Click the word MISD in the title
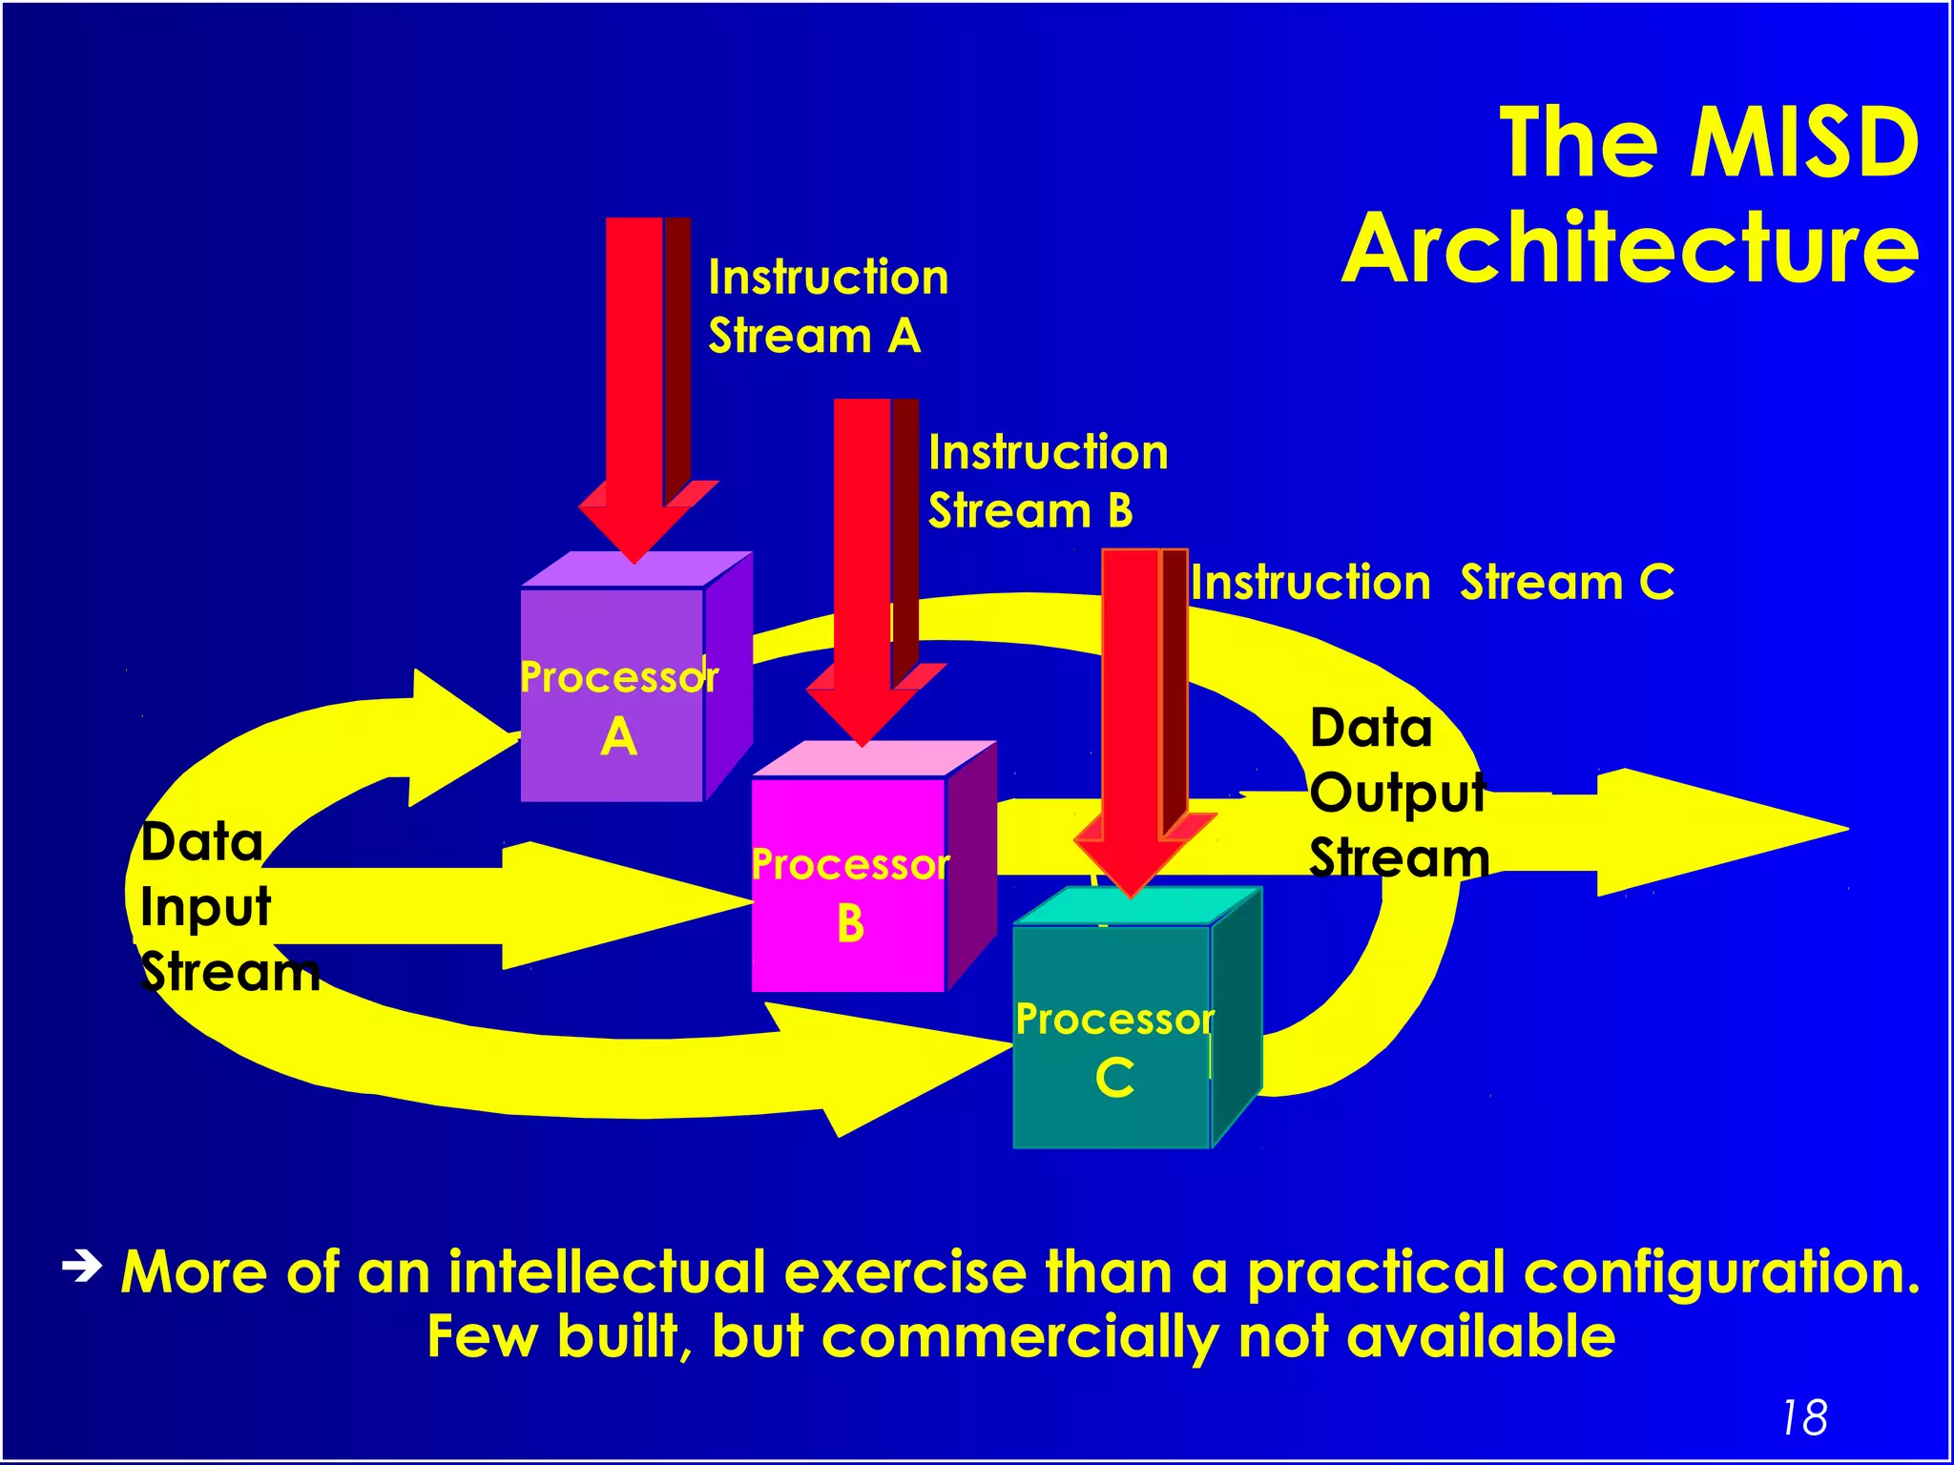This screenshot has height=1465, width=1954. [1804, 143]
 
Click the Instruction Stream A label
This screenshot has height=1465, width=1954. [827, 306]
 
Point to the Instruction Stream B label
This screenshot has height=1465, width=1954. [1048, 481]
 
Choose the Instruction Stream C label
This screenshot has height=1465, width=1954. [1431, 583]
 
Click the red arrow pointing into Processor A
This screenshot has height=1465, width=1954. [634, 382]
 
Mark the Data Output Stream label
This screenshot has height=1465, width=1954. [1398, 792]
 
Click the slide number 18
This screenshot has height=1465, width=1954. [1803, 1417]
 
